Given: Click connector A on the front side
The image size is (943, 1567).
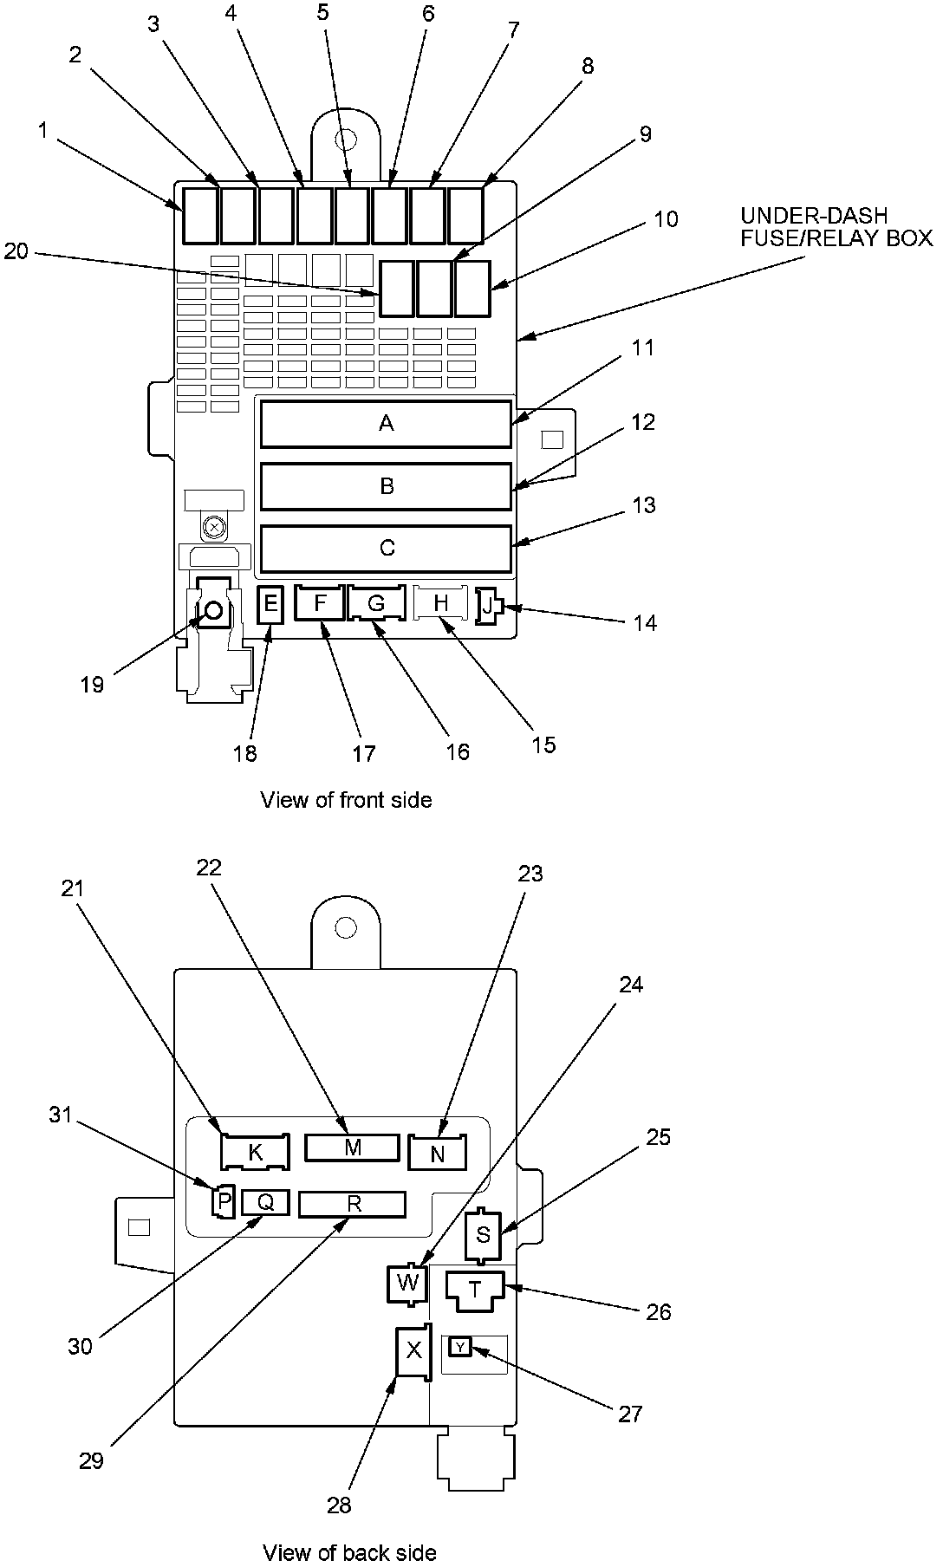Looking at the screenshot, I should (386, 424).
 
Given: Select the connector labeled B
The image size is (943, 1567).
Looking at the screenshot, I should (386, 486).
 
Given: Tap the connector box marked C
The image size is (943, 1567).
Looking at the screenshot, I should (386, 549).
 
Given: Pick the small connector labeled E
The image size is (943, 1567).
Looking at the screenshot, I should (270, 603).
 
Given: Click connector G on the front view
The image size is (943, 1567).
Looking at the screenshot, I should (376, 603).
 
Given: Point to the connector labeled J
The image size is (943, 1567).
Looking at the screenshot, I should (487, 606).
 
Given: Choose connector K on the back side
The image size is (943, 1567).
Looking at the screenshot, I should (255, 1152).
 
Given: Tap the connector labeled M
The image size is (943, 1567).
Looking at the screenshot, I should (352, 1148).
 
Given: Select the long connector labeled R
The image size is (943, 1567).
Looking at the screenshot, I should (352, 1204).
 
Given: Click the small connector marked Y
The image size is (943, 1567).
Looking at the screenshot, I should (460, 1346).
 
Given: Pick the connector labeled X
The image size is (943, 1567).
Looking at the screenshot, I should (413, 1349).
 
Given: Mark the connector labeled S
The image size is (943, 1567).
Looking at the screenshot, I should (483, 1235).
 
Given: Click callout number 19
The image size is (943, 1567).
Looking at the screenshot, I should (92, 685).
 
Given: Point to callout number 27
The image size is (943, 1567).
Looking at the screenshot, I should (630, 1414).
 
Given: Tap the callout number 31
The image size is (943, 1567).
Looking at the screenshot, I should (61, 1115).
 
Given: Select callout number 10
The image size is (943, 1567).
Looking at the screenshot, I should (666, 218).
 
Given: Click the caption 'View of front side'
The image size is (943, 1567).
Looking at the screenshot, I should (346, 799).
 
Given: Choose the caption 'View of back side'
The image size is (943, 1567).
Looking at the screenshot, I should (349, 1552).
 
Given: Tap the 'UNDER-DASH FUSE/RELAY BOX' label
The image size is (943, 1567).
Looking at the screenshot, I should (836, 226).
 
